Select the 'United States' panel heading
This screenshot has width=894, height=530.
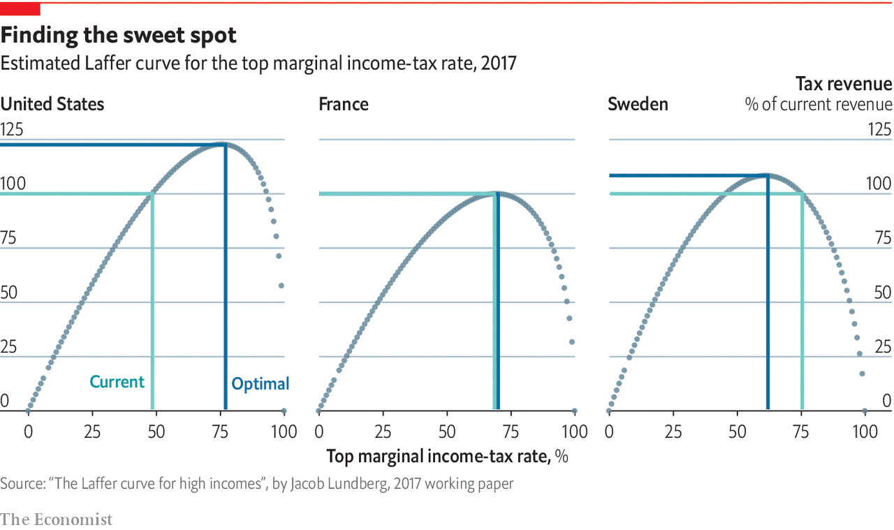[x=52, y=105]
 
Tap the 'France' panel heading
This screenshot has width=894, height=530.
[x=344, y=105]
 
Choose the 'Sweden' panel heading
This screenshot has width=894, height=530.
[x=638, y=105]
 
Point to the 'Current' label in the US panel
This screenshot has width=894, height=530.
[x=117, y=382]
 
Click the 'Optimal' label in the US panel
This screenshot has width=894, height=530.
[x=260, y=384]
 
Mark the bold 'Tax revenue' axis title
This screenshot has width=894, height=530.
[x=844, y=84]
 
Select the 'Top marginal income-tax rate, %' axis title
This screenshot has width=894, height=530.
[x=447, y=456]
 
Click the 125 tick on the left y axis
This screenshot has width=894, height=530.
[x=12, y=129]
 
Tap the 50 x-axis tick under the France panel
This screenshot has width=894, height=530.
[x=447, y=432]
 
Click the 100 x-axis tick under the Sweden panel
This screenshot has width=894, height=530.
[x=865, y=432]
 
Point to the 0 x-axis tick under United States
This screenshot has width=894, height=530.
[x=28, y=432]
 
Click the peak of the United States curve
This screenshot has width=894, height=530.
[x=223, y=145]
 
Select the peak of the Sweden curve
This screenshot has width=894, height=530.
[x=765, y=175]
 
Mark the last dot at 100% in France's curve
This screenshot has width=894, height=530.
[x=574, y=411]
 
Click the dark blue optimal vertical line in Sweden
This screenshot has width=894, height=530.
[x=768, y=293]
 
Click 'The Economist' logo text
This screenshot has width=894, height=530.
[x=56, y=520]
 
